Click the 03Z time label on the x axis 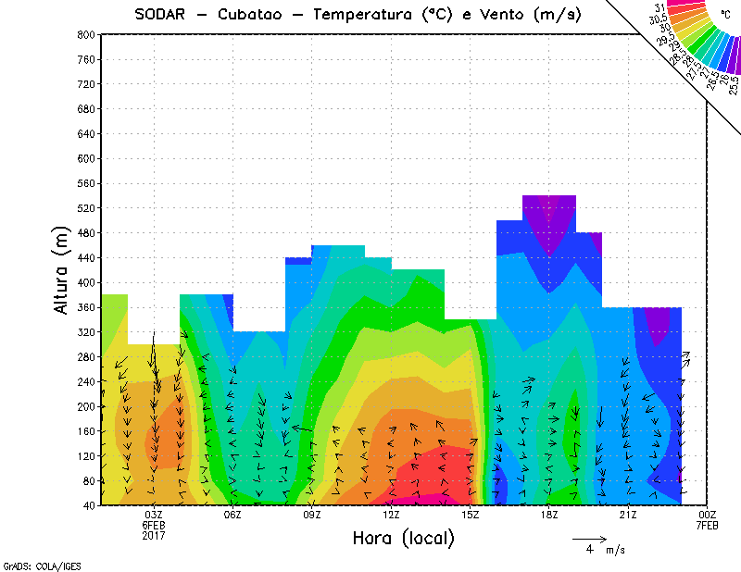coord(154,515)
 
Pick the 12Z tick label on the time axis coord(391,515)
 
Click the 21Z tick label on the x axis coord(628,515)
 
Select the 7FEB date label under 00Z coord(707,525)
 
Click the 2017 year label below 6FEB coord(154,535)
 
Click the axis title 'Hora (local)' coord(403,538)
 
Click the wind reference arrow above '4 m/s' coord(589,538)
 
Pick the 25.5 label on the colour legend coord(734,87)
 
